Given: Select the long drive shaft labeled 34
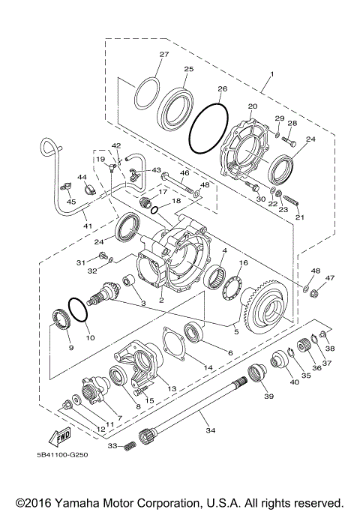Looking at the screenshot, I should tap(195, 406).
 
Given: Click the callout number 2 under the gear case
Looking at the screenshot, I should tap(160, 301).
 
